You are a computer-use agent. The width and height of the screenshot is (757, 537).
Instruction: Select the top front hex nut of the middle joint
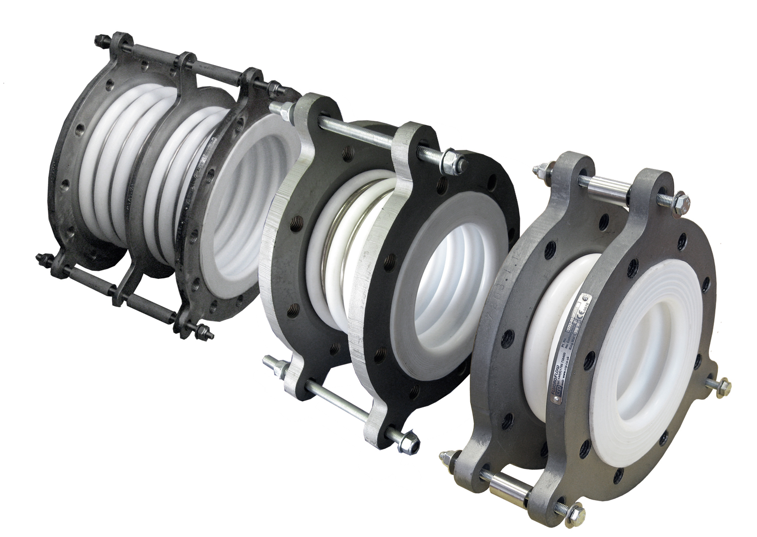(x=449, y=161)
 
